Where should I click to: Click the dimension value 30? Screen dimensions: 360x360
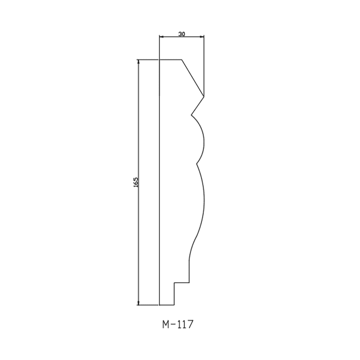click(x=182, y=34)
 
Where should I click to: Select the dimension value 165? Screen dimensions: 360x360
click(x=136, y=182)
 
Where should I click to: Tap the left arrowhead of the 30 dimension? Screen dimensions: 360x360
click(x=161, y=36)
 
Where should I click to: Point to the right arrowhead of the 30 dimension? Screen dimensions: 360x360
click(x=202, y=36)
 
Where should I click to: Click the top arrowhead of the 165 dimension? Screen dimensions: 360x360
click(x=138, y=62)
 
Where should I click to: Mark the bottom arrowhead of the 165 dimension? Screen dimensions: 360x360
click(x=138, y=303)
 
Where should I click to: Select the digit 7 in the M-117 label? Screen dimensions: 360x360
click(x=190, y=324)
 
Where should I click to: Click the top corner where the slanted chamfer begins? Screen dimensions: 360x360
click(x=182, y=60)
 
